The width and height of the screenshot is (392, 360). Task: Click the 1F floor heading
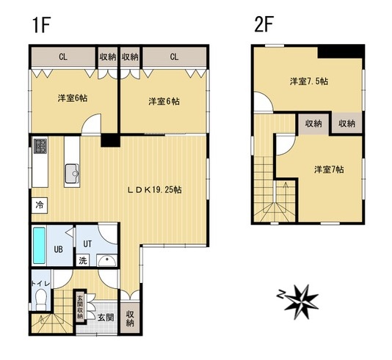pos(42,25)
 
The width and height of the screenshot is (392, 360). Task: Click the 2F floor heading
pos(264,24)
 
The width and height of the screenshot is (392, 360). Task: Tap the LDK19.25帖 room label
pos(155,190)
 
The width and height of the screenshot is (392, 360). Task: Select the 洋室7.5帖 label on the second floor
pos(309,81)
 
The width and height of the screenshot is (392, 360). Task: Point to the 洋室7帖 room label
pos(329,170)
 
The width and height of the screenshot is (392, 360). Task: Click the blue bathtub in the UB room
pos(39,246)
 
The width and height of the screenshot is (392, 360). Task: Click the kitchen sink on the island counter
pos(72,173)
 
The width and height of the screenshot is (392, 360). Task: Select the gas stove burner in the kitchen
pos(40,146)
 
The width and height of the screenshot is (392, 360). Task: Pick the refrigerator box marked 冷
pos(40,205)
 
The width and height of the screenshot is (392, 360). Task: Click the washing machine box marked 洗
pos(83,260)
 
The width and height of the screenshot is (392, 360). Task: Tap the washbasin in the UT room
pos(106,261)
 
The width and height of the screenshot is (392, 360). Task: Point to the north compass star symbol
pos(301,301)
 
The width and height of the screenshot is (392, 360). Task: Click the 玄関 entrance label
pos(106,317)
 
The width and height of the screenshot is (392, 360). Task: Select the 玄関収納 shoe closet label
pos(80,307)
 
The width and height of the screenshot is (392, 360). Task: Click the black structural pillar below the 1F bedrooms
pos(111,140)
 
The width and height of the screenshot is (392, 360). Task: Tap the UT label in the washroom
pos(87,243)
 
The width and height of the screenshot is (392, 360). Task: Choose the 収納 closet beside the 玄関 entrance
pos(130,317)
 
